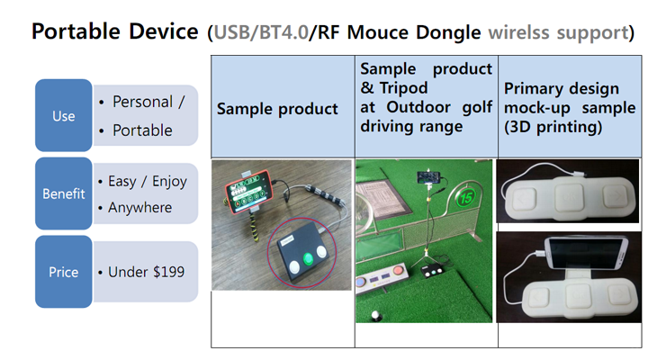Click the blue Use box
(x=64, y=115)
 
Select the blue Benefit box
(x=64, y=193)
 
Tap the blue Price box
(x=64, y=272)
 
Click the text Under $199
(x=147, y=272)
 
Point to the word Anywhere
(x=140, y=208)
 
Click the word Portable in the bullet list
(x=142, y=130)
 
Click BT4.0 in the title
(x=283, y=32)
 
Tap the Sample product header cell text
(x=277, y=109)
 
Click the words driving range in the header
(x=411, y=127)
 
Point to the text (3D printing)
(x=553, y=127)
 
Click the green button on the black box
(x=308, y=258)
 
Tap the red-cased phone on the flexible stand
(x=249, y=192)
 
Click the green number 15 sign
(x=466, y=198)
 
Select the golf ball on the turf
(x=376, y=316)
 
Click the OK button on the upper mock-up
(x=569, y=198)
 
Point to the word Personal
(x=142, y=102)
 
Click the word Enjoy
(x=169, y=182)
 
